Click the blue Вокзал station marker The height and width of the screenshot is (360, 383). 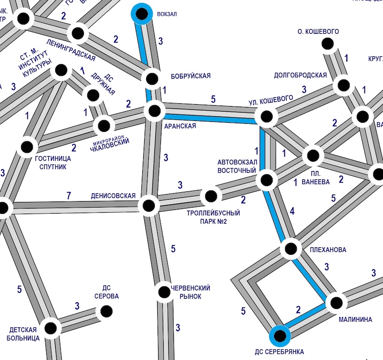(141, 13)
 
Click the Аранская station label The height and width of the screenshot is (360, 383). (180, 126)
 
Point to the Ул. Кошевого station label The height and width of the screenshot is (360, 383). (271, 99)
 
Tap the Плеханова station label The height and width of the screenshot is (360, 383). (327, 250)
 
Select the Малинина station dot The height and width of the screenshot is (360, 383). (336, 303)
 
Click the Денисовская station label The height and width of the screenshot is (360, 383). (113, 196)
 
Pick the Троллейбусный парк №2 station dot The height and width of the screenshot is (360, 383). (210, 196)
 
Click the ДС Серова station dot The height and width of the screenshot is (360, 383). (106, 311)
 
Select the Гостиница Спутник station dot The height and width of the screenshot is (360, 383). (27, 147)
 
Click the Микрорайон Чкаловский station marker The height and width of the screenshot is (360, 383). (103, 126)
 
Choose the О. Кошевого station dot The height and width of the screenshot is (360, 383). (328, 44)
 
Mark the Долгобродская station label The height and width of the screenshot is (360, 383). (300, 75)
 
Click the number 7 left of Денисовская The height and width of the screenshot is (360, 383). (69, 196)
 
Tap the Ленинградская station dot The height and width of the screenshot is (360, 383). (77, 33)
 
